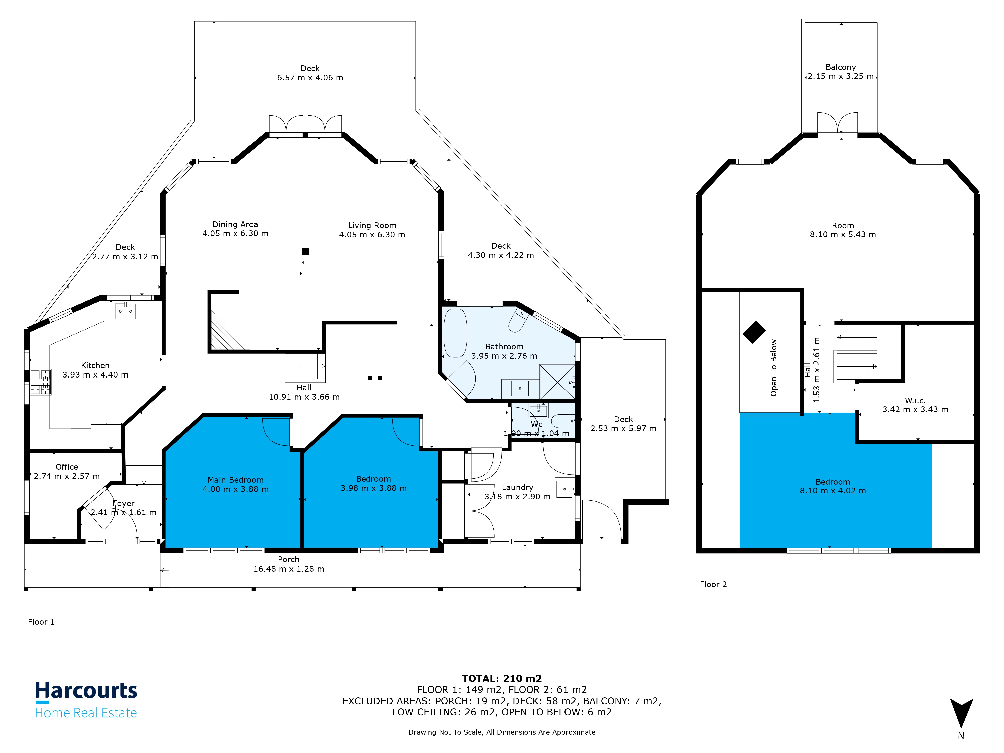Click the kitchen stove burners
40,382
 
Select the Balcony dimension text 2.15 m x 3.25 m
841,76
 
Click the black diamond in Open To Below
754,332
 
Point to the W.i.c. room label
915,400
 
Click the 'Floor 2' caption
713,584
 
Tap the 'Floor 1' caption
41,622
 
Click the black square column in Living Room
305,252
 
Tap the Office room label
67,467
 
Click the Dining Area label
235,224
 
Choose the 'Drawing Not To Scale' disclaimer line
501,732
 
